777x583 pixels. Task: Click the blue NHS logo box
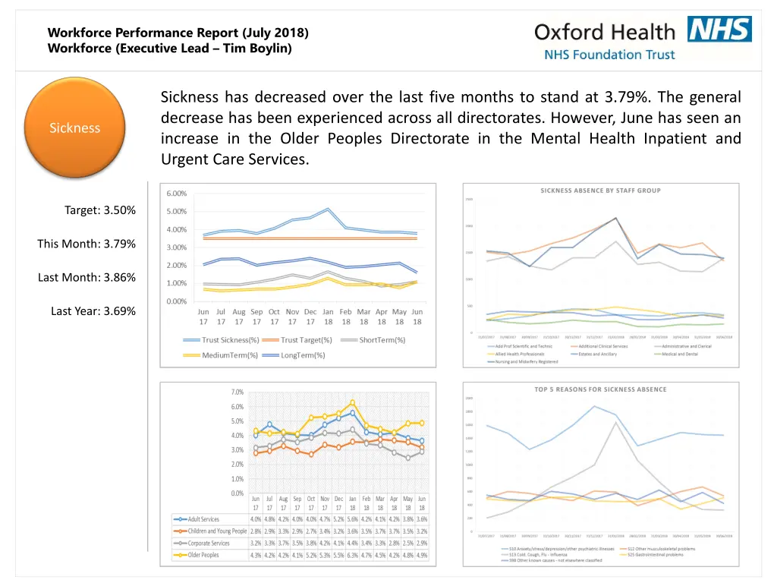(719, 29)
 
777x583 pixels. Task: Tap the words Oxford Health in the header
(604, 32)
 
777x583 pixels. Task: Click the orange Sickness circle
(74, 128)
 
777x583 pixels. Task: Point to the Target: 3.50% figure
(100, 210)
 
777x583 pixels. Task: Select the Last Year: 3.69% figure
(93, 310)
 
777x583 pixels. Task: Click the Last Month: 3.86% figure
(87, 277)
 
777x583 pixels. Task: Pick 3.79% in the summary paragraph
(625, 97)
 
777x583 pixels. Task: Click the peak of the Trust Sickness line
(328, 209)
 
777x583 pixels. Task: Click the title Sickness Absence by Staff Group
(600, 191)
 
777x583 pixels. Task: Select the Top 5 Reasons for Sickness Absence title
(600, 389)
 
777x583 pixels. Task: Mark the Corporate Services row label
(209, 543)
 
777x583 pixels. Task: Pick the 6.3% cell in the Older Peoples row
(352, 555)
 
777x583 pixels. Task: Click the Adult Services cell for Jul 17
(269, 519)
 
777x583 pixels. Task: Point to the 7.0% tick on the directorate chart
(237, 392)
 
